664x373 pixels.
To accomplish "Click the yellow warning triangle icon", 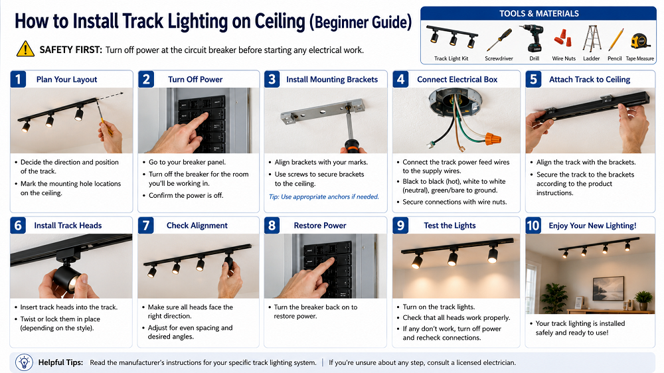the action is pyautogui.click(x=25, y=49).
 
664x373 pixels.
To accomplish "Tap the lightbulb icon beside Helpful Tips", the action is pyautogui.click(x=24, y=362).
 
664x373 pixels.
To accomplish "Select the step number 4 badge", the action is pyautogui.click(x=400, y=79).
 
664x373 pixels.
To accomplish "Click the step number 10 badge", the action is pyautogui.click(x=533, y=225).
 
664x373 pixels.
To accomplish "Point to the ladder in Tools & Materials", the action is pyautogui.click(x=592, y=38).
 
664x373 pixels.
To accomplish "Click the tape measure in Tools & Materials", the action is pyautogui.click(x=640, y=42).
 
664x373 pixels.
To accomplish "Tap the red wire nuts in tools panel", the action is pyautogui.click(x=563, y=38).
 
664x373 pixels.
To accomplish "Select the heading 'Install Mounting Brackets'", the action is pyautogui.click(x=332, y=80).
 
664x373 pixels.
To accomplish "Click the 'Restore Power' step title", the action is pyautogui.click(x=320, y=226).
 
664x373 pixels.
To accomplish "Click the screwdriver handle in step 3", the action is pyautogui.click(x=352, y=145).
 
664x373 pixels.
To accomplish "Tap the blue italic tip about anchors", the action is pyautogui.click(x=324, y=197).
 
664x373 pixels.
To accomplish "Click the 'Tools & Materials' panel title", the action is pyautogui.click(x=539, y=13).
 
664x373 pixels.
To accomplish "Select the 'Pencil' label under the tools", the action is pyautogui.click(x=614, y=58).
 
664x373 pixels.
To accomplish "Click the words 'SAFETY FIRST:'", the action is pyautogui.click(x=71, y=50).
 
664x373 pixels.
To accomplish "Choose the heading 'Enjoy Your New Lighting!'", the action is pyautogui.click(x=592, y=226).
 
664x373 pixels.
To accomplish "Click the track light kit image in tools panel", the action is pyautogui.click(x=452, y=37).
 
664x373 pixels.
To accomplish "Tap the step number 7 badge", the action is pyautogui.click(x=145, y=225).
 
